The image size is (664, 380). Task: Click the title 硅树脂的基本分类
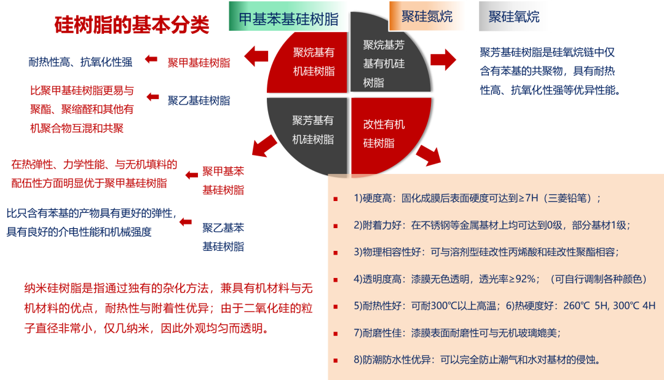132,25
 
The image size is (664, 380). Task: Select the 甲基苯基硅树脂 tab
288,18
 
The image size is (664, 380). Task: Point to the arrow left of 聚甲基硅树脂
151,60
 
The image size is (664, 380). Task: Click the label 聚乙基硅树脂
199,100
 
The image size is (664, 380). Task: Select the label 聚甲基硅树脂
199,63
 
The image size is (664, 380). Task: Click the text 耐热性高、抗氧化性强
81,61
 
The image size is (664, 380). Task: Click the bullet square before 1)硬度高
336,199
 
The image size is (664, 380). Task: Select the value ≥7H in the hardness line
508,198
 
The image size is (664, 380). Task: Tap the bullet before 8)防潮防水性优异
336,360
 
